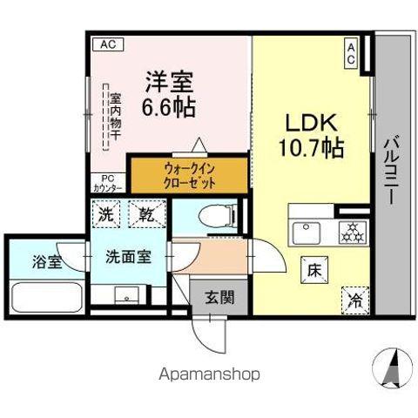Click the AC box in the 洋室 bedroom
(104, 44)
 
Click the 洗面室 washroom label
(128, 258)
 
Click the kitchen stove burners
(353, 233)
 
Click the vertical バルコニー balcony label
(394, 170)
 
